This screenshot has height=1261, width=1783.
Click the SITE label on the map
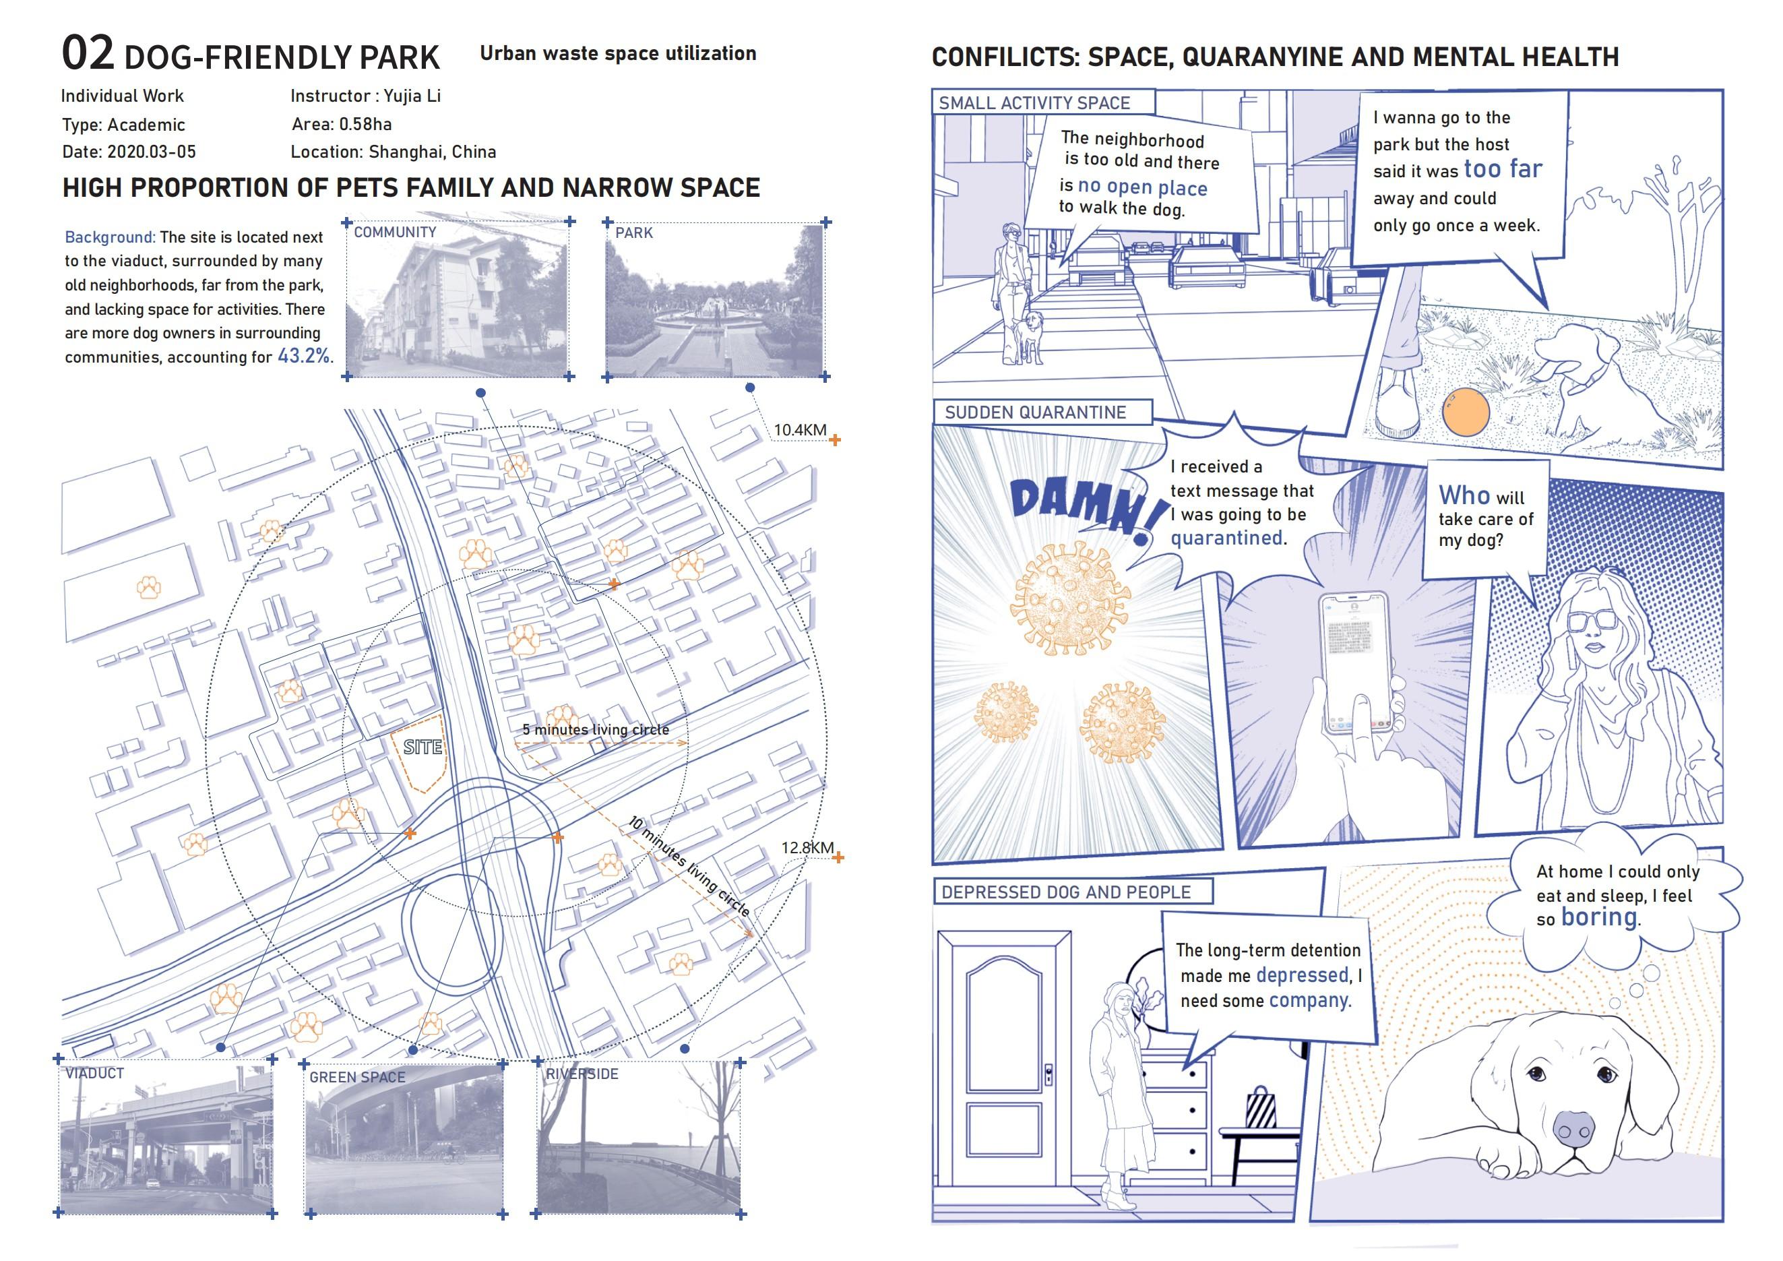(423, 747)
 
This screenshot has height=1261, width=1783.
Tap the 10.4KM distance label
(799, 430)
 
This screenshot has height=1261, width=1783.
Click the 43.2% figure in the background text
(304, 357)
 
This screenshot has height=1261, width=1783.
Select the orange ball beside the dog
(1466, 412)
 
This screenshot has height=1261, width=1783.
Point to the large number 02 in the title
(88, 53)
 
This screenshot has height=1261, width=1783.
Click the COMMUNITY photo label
(396, 232)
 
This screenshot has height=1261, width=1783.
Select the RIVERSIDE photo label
(582, 1074)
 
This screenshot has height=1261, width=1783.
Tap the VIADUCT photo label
(95, 1074)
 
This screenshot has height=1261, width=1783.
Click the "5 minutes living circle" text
(595, 730)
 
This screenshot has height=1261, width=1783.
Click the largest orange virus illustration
(1069, 598)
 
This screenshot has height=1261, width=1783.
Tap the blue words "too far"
(1503, 169)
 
